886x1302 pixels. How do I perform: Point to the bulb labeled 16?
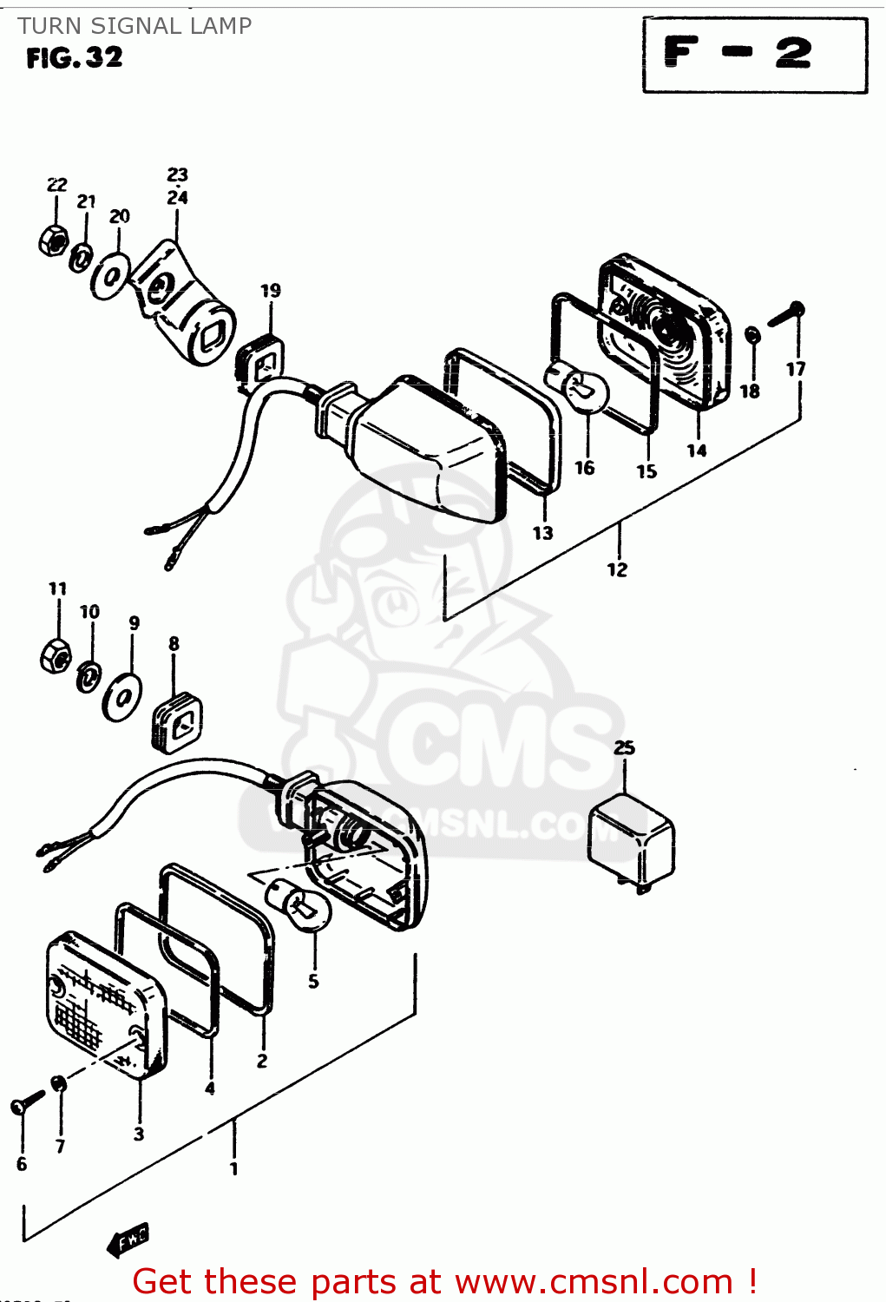(576, 386)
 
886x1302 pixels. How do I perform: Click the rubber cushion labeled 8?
(178, 721)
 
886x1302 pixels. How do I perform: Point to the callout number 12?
(617, 569)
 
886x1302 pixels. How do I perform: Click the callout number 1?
(233, 1168)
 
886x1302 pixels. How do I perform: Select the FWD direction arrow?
(128, 1240)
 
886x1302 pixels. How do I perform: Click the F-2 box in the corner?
(754, 54)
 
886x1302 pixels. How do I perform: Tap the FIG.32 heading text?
(75, 58)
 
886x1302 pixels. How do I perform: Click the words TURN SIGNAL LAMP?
(135, 26)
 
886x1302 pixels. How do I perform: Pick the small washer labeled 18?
(752, 335)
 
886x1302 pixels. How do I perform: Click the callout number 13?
(542, 533)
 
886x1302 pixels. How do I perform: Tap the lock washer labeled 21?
(82, 257)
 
